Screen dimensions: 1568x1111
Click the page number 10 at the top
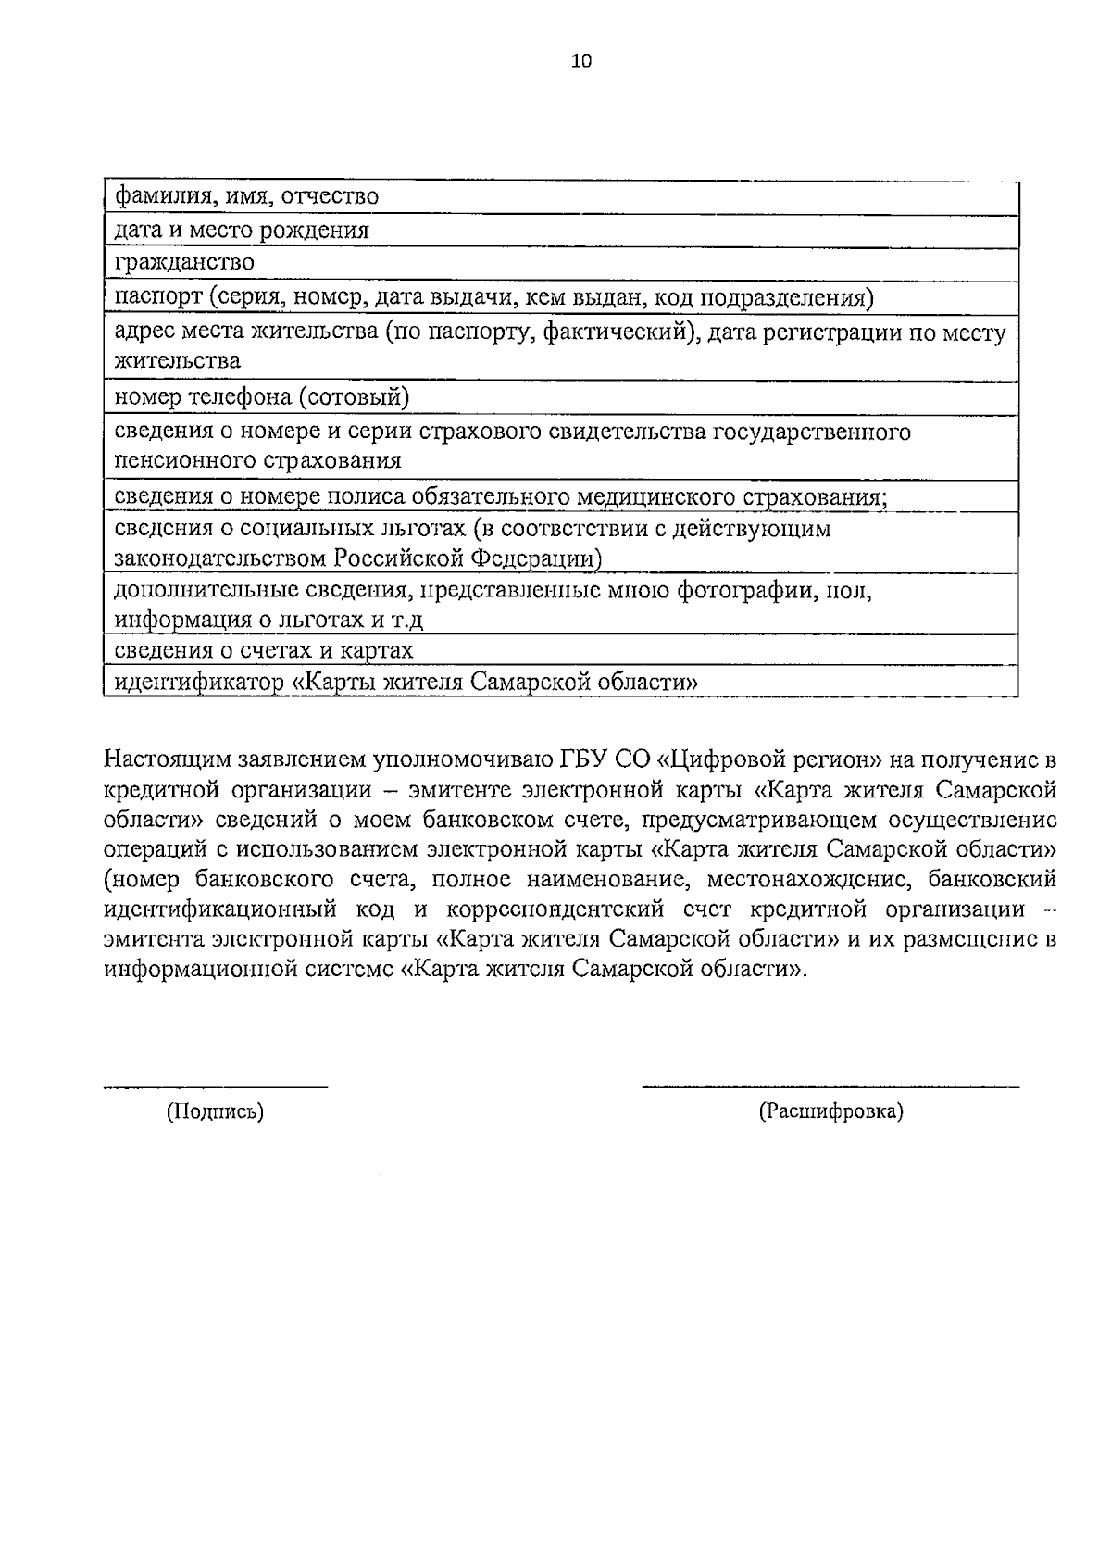click(x=580, y=61)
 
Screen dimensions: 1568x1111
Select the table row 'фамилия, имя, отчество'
click(x=246, y=196)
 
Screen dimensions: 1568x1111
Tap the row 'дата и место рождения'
click(x=242, y=231)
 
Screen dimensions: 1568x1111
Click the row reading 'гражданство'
click(x=184, y=263)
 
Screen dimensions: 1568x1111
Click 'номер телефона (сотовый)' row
click(x=262, y=397)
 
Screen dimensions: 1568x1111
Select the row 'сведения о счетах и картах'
click(x=264, y=650)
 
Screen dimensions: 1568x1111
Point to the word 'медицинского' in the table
click(x=654, y=497)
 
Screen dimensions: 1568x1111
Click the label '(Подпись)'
click(x=215, y=1111)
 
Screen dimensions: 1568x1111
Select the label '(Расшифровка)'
click(x=830, y=1111)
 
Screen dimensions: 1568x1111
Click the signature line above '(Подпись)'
click(x=215, y=1085)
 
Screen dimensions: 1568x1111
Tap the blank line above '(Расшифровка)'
click(x=830, y=1085)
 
